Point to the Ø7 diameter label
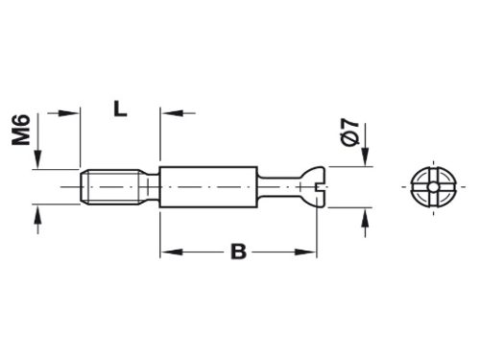click(x=348, y=130)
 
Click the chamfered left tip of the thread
click(x=80, y=186)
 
